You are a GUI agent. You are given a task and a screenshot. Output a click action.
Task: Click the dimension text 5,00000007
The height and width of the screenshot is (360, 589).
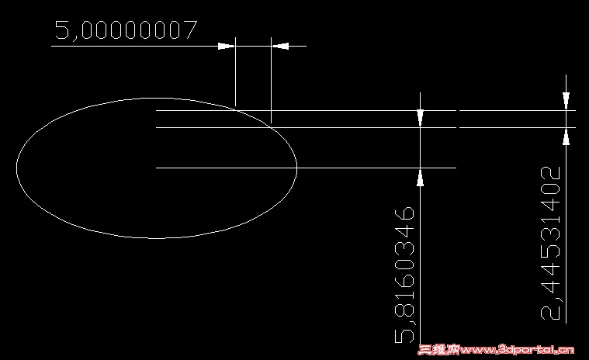pyautogui.click(x=126, y=30)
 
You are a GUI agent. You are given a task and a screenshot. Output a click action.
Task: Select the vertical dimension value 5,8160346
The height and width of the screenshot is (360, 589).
pyautogui.click(x=404, y=275)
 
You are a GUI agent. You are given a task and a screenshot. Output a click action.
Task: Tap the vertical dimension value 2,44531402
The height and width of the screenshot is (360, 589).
pyautogui.click(x=550, y=244)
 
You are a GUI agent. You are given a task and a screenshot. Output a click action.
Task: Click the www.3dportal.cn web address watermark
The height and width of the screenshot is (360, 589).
pyautogui.click(x=517, y=350)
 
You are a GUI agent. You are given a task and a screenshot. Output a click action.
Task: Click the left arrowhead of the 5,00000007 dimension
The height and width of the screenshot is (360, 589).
pyautogui.click(x=227, y=47)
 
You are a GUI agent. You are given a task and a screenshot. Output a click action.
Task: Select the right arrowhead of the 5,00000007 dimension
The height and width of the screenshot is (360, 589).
pyautogui.click(x=280, y=47)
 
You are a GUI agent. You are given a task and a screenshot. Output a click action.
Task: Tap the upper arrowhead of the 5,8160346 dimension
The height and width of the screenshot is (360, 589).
pyautogui.click(x=420, y=118)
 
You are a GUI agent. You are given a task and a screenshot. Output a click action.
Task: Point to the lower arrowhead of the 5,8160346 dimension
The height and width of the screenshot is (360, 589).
pyautogui.click(x=420, y=177)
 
